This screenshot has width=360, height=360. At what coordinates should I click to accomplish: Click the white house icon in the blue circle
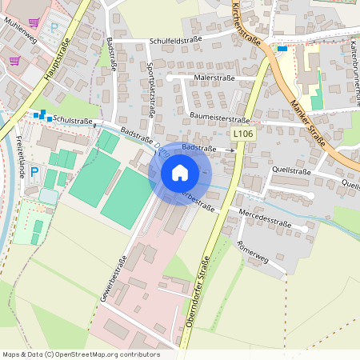click(180, 173)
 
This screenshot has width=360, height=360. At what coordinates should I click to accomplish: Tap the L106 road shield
click(242, 134)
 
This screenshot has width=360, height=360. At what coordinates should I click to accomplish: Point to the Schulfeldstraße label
click(175, 39)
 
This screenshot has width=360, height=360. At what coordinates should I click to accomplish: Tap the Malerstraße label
click(213, 78)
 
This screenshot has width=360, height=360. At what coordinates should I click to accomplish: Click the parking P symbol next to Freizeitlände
click(34, 171)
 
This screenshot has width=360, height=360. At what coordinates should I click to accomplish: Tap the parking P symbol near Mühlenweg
click(54, 27)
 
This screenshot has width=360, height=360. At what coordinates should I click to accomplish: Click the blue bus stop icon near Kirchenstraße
click(282, 48)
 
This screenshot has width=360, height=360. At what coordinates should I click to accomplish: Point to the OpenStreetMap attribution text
click(80, 354)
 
